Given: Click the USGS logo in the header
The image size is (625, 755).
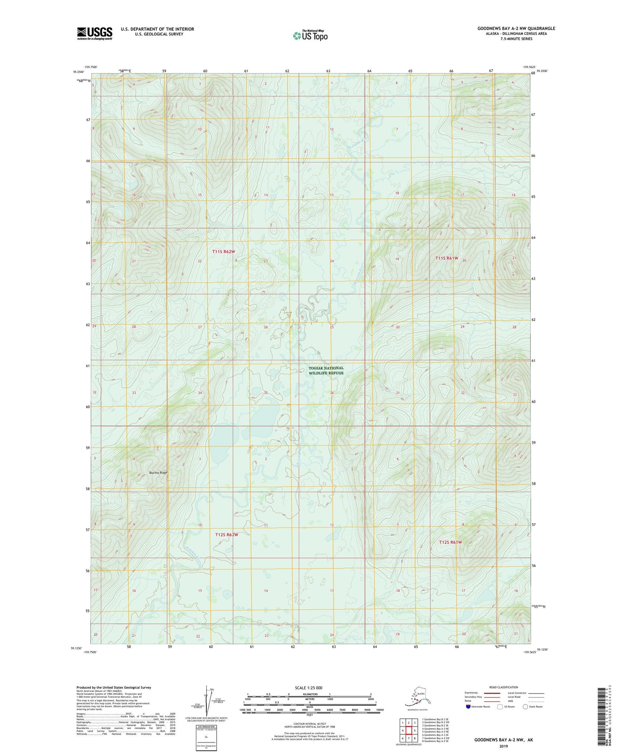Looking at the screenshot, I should click(x=95, y=33).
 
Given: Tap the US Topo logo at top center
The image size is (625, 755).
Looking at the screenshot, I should click(x=310, y=35).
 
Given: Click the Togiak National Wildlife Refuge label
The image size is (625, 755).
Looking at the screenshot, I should click(x=326, y=371).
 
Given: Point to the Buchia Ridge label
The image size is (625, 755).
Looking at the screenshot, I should click(x=158, y=473).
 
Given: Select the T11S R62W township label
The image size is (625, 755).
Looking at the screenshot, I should click(x=224, y=251).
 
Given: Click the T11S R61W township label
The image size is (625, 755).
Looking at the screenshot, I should click(x=446, y=258).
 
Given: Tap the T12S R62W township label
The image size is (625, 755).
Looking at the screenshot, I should click(x=227, y=535).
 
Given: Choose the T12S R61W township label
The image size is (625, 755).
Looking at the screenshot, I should click(x=450, y=542).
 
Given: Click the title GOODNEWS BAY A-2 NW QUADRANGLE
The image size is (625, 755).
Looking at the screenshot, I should click(x=516, y=29).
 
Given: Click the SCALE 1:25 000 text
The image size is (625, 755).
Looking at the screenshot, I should click(x=308, y=688).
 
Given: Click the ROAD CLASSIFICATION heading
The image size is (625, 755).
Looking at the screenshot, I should click(x=503, y=687).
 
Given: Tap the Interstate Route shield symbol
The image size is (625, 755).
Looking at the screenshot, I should click(x=468, y=707).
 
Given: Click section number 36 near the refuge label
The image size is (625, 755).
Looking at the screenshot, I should click(x=332, y=393).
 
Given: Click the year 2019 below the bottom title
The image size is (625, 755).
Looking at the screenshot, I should click(x=503, y=746).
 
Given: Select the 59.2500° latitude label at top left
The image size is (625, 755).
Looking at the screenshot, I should click(x=78, y=72).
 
